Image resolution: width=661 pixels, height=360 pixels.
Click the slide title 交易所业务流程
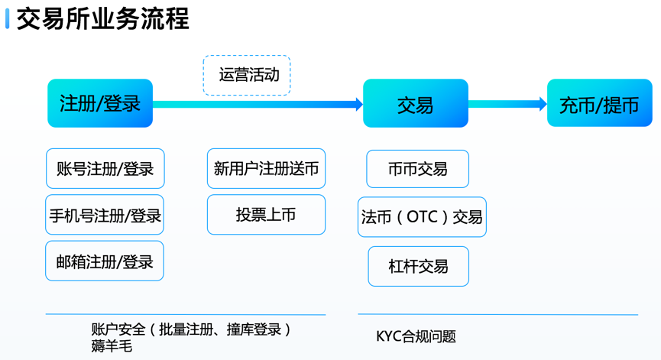103,19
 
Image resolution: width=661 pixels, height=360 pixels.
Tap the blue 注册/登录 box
100,103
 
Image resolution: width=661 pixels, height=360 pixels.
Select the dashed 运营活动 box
247,75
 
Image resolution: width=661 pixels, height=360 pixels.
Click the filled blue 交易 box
416,103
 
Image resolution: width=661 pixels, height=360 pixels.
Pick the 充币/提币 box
599,103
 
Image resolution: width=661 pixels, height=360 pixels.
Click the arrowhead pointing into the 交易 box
359,104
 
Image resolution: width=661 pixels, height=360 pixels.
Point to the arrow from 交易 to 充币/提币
507,104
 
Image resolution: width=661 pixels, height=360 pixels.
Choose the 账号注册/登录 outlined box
105,169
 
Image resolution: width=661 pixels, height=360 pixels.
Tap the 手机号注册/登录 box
105,215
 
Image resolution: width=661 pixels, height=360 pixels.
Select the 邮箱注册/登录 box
105,261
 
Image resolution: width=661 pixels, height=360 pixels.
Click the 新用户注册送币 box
267,169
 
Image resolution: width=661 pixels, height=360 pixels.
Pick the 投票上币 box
267,215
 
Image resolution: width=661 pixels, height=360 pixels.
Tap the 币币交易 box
418,169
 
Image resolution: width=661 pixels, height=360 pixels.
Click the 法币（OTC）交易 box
422,217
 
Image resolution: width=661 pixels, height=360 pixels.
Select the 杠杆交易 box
419,267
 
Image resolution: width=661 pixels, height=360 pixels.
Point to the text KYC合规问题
416,336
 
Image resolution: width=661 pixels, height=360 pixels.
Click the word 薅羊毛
112,346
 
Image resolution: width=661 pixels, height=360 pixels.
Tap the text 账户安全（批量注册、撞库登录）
191,329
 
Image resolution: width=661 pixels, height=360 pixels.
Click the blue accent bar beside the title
7,18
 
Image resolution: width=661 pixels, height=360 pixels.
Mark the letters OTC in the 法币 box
423,217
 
